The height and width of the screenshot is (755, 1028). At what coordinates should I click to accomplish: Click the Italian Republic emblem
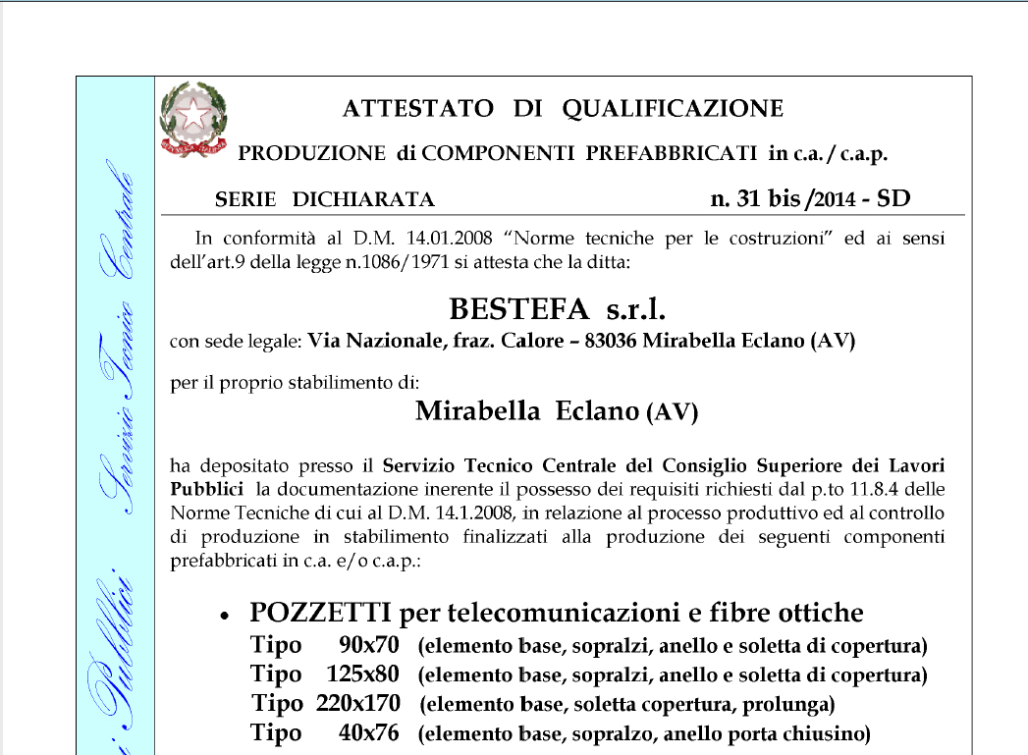click(193, 119)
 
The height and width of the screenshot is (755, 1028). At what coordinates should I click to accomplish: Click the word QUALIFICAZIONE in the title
click(673, 109)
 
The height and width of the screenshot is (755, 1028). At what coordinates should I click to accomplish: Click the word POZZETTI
click(320, 613)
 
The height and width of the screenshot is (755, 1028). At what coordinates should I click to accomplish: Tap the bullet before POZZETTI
click(225, 616)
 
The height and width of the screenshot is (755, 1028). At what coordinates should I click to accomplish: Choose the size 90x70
click(368, 646)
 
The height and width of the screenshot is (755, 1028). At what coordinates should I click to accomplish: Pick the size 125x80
click(362, 674)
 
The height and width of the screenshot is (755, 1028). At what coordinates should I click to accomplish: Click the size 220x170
click(358, 704)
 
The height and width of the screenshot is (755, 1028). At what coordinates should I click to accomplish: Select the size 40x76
click(368, 733)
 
